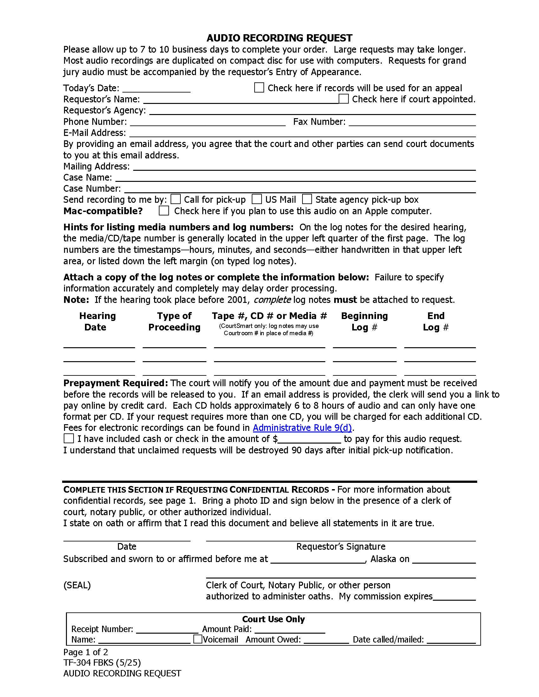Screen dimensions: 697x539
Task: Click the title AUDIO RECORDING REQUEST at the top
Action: [279, 38]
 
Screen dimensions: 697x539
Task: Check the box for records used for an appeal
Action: [259, 87]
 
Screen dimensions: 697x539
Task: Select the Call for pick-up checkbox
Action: [176, 199]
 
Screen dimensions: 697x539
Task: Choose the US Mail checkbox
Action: [257, 199]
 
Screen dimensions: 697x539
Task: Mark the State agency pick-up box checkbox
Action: [307, 199]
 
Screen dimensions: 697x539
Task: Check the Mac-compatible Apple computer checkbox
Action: [164, 211]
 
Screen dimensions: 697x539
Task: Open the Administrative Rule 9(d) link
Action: [302, 427]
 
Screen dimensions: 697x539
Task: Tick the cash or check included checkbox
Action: [69, 438]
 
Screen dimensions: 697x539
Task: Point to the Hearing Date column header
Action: [97, 321]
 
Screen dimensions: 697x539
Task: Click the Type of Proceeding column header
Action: [174, 321]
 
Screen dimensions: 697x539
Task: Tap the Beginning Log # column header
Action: [364, 321]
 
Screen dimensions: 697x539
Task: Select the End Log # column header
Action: [436, 321]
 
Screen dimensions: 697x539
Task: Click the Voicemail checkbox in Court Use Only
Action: [198, 639]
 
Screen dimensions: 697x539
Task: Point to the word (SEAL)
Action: [77, 585]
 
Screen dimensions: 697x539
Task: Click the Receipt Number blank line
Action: [167, 630]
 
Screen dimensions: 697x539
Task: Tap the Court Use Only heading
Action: [273, 619]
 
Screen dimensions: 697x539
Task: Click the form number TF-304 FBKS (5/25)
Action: [102, 662]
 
